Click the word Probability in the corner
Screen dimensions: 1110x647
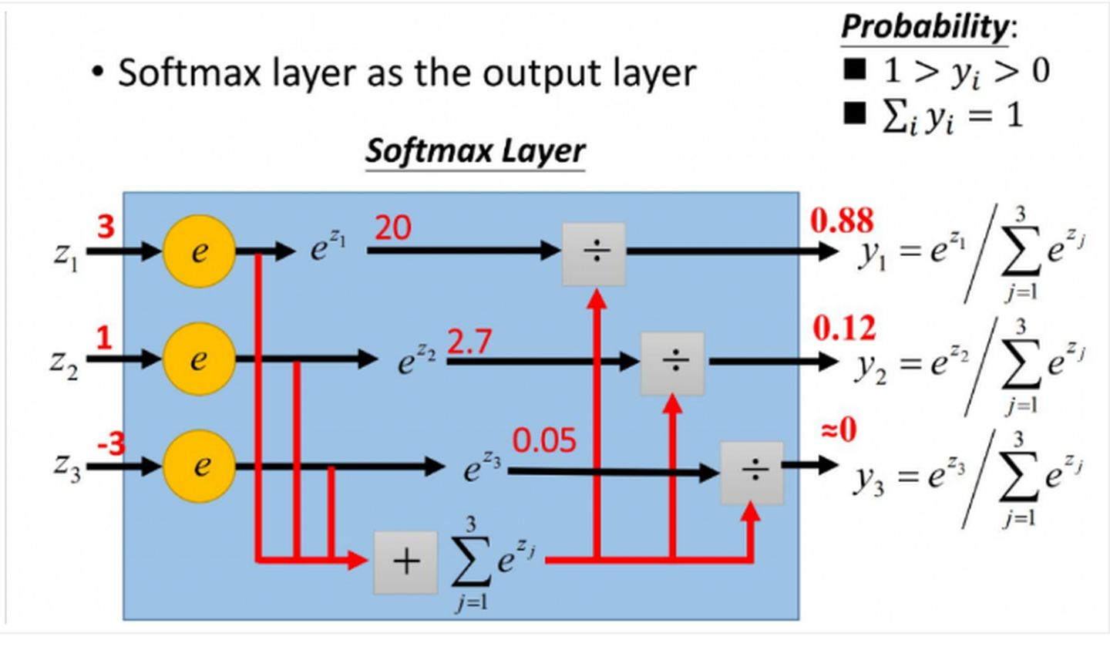pyautogui.click(x=925, y=27)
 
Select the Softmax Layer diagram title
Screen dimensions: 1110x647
pyautogui.click(x=475, y=150)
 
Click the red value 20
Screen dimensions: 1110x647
pyautogui.click(x=393, y=228)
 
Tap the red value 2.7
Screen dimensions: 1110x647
pyautogui.click(x=469, y=342)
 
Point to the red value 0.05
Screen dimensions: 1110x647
pyautogui.click(x=544, y=440)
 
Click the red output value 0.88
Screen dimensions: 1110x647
pyautogui.click(x=842, y=220)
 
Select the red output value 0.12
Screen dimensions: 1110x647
pyautogui.click(x=844, y=329)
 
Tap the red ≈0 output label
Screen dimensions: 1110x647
pyautogui.click(x=839, y=430)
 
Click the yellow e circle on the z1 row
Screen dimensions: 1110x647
pyautogui.click(x=199, y=251)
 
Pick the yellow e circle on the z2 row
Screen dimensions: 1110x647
pyautogui.click(x=199, y=359)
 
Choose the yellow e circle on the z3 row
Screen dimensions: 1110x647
pyautogui.click(x=199, y=467)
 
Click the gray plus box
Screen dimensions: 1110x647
pyautogui.click(x=405, y=563)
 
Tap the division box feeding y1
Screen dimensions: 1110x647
pyautogui.click(x=594, y=254)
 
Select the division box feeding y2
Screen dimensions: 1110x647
pyautogui.click(x=672, y=363)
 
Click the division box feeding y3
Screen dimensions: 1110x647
pyautogui.click(x=752, y=473)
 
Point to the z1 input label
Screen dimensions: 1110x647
pyautogui.click(x=66, y=258)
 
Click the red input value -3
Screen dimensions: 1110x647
pyautogui.click(x=111, y=444)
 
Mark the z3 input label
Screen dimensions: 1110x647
pyautogui.click(x=67, y=469)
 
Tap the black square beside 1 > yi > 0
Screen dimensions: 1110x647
pyautogui.click(x=854, y=69)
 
